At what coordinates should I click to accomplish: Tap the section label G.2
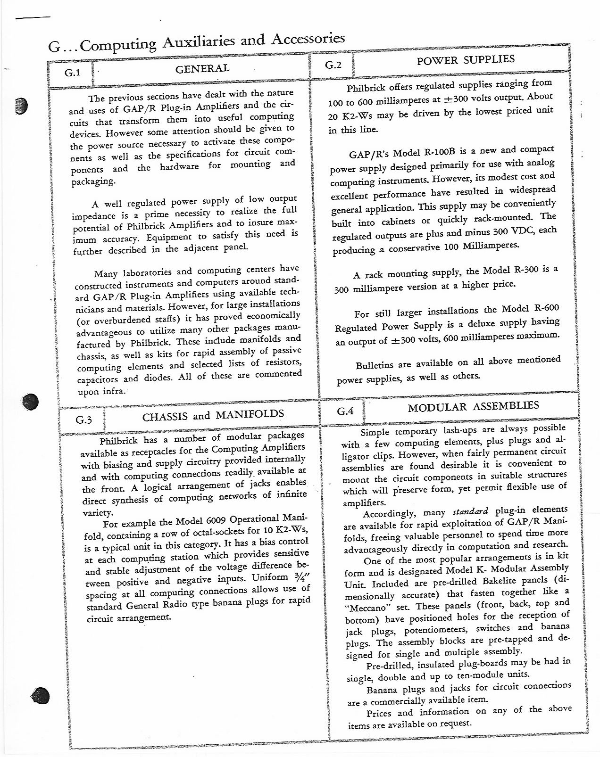click(333, 65)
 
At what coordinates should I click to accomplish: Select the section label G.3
click(83, 420)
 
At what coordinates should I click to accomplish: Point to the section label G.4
click(346, 411)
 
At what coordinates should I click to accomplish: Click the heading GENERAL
click(202, 69)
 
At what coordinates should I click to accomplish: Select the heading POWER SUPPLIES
click(466, 60)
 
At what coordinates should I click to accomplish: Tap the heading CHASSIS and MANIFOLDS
click(213, 416)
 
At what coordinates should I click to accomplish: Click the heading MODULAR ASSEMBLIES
click(473, 406)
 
